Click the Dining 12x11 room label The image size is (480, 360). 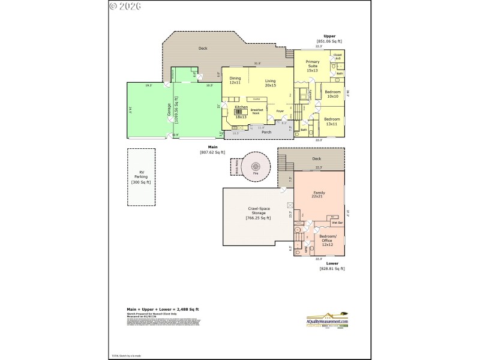pyautogui.click(x=235, y=80)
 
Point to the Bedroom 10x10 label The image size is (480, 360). pyautogui.click(x=333, y=94)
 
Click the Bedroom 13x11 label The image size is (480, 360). pyautogui.click(x=332, y=121)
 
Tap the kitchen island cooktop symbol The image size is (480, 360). pyautogui.click(x=238, y=111)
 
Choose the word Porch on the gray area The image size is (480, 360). pyautogui.click(x=266, y=132)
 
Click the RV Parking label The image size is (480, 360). pyautogui.click(x=142, y=176)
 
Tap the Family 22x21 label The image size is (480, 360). pyautogui.click(x=318, y=194)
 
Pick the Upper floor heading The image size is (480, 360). pyautogui.click(x=329, y=36)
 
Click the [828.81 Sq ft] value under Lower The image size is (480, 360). pyautogui.click(x=332, y=269)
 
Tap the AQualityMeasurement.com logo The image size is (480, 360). pyautogui.click(x=328, y=320)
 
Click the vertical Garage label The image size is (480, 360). pyautogui.click(x=169, y=110)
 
